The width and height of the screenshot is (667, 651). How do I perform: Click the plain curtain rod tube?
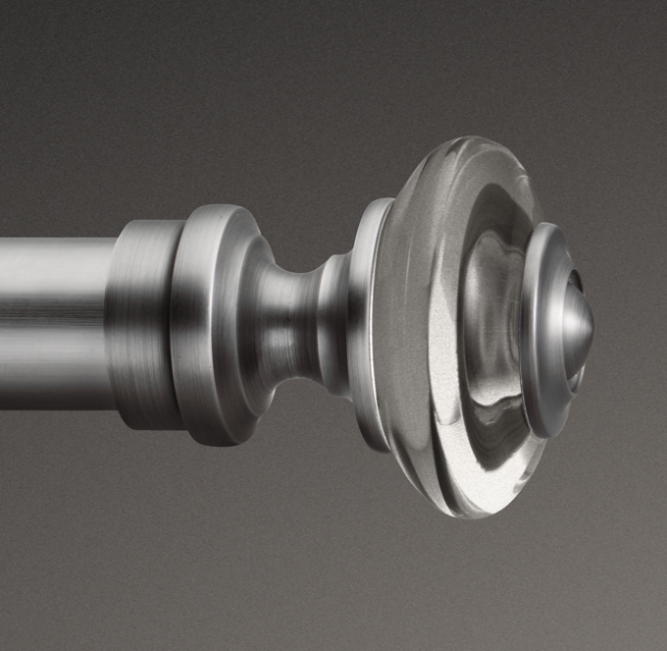click(54, 314)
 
